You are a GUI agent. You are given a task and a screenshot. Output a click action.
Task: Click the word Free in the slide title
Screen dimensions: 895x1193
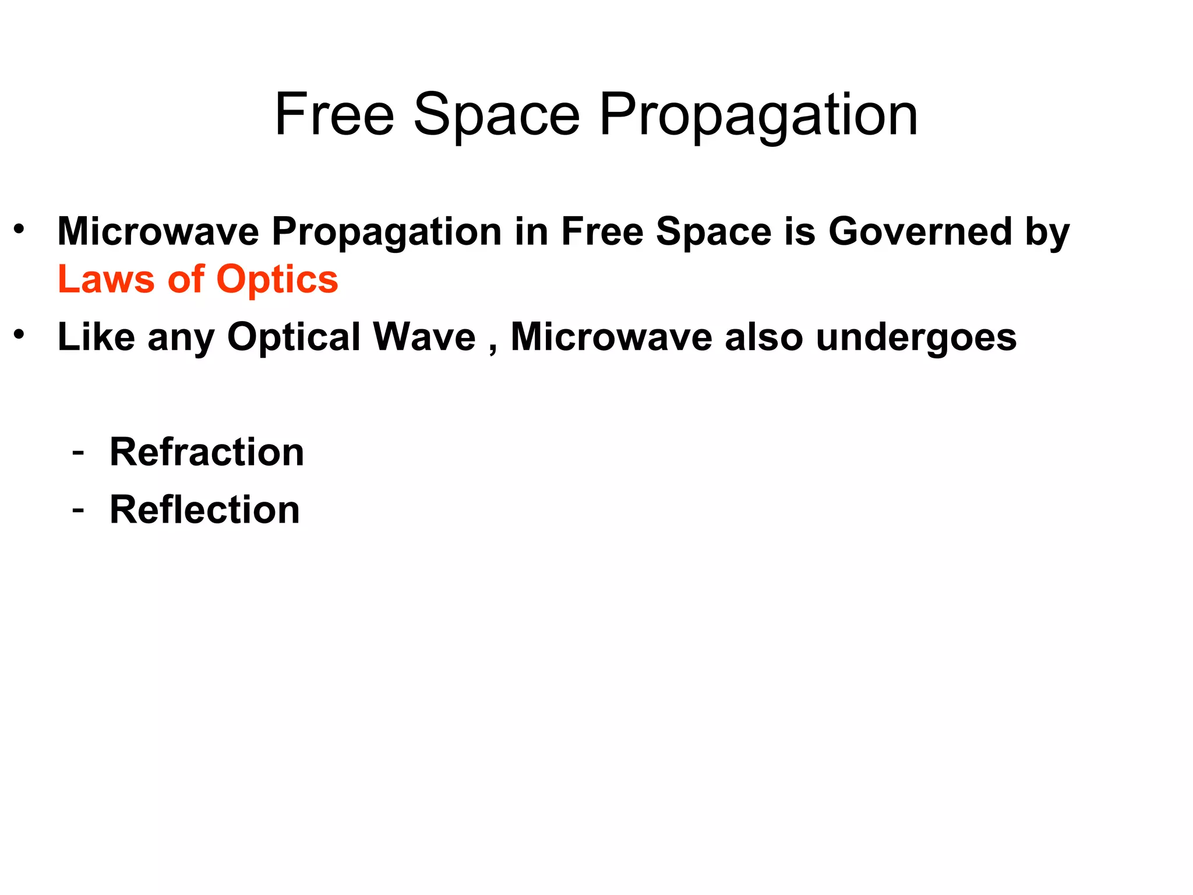[x=334, y=115]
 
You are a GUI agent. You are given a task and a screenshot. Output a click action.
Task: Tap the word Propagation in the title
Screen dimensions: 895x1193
[x=758, y=116]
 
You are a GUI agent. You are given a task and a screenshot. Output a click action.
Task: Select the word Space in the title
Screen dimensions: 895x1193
[x=496, y=116]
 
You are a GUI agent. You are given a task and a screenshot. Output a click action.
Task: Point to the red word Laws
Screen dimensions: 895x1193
[x=106, y=279]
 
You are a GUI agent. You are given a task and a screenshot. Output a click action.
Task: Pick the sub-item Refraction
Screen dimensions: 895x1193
[x=207, y=452]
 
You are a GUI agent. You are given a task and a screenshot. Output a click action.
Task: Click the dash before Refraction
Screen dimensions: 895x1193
[x=77, y=453]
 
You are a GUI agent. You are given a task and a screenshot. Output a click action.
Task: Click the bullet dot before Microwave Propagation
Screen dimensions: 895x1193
[x=19, y=228]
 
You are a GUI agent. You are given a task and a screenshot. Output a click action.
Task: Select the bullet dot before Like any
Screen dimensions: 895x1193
[x=19, y=334]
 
